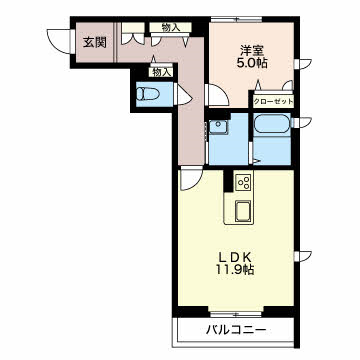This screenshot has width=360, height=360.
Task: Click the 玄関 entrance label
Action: [94, 42]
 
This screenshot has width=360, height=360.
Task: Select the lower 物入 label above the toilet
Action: [161, 72]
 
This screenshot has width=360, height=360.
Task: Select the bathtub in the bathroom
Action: [271, 129]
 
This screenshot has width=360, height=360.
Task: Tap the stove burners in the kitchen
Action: [243, 183]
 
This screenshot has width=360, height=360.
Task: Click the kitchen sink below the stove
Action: [243, 212]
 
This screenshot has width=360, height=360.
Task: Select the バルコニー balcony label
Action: [236, 330]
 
